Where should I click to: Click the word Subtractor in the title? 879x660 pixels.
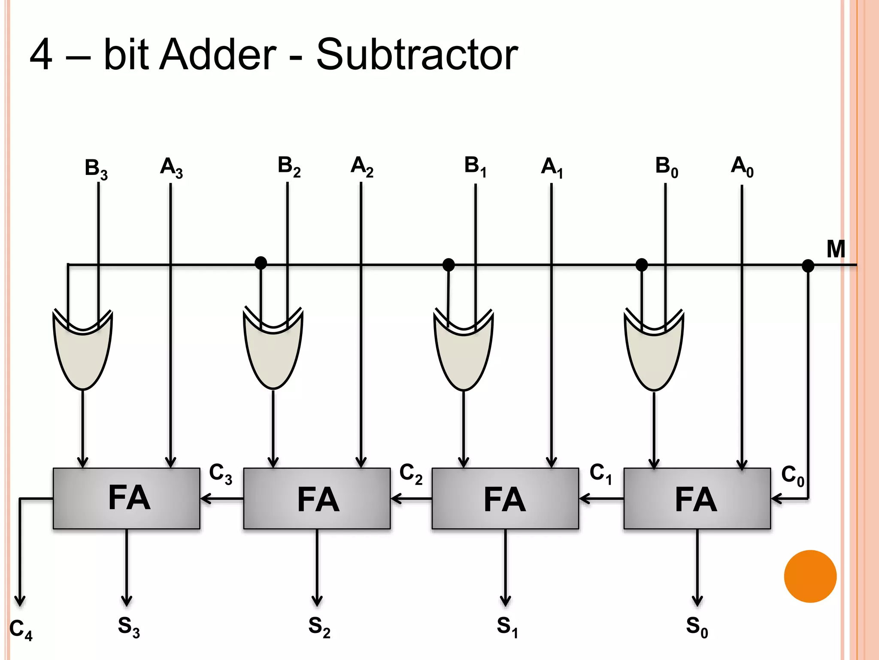[417, 55]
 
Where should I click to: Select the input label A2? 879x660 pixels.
[362, 167]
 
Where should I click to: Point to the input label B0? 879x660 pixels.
[667, 167]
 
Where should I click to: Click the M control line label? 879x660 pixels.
[836, 249]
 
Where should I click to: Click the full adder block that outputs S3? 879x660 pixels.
[127, 498]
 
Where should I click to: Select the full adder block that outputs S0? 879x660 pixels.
[697, 498]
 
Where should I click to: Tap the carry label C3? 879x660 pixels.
[221, 474]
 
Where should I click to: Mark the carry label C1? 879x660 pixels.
[600, 474]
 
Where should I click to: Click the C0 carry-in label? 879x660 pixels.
[792, 476]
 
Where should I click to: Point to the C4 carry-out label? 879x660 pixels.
[21, 630]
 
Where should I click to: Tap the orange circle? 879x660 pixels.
[810, 576]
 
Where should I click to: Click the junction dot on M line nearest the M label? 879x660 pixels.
[808, 266]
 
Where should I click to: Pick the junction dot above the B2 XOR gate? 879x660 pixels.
[261, 263]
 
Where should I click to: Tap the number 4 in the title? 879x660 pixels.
[42, 55]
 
